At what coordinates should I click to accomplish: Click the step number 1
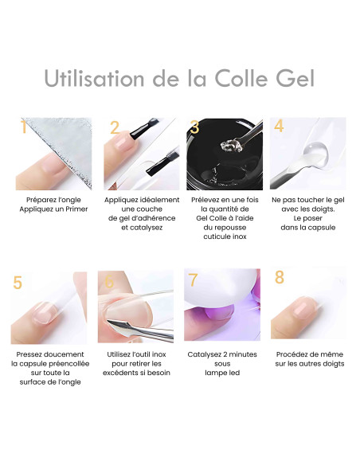tap(24, 127)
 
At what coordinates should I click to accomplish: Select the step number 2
tap(114, 127)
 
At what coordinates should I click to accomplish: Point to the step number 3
tap(194, 127)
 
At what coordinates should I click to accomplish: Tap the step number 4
tap(279, 126)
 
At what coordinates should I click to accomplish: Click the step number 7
tap(194, 280)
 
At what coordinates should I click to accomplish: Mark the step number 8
tap(279, 278)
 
